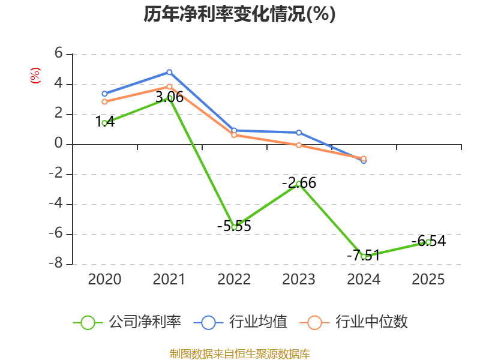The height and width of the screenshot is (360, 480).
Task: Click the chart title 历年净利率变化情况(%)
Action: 239,14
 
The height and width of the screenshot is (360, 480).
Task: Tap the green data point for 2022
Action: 234,227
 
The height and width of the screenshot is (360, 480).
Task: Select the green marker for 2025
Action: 428,242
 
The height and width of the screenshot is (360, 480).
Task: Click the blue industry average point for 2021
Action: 169,72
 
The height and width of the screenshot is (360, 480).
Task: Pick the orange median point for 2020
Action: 104,101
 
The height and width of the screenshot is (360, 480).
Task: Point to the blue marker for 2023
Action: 299,133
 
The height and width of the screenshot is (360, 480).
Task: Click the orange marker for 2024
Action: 364,158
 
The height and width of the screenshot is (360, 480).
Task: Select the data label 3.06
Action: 170,97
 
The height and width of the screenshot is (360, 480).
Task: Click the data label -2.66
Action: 299,183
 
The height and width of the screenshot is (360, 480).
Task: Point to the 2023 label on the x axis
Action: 299,279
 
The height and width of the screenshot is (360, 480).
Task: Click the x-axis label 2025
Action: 428,279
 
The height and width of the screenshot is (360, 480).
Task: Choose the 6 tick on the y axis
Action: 58,53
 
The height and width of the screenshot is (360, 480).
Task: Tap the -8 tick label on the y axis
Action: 56,263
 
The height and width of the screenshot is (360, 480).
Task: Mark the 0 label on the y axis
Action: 58,143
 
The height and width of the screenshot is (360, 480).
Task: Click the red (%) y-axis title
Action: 35,76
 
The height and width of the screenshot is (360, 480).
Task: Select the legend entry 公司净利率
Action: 127,322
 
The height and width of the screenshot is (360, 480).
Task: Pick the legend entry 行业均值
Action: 241,322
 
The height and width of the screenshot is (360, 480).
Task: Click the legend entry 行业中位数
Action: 354,322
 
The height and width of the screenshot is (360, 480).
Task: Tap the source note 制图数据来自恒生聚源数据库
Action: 240,354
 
